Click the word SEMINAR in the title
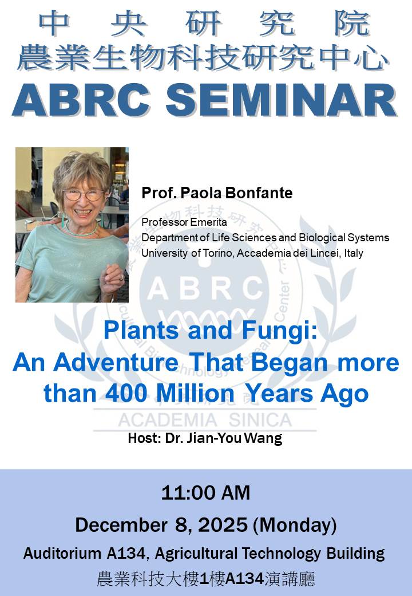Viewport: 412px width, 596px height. pos(282,100)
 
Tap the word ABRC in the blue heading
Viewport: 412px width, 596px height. pos(81,100)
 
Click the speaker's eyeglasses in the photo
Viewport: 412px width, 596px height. pos(83,195)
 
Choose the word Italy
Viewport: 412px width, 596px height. pos(354,253)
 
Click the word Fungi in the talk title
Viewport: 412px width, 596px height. pos(279,331)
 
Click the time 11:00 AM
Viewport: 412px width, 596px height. pos(205,493)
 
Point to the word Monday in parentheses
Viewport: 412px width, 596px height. pos(295,526)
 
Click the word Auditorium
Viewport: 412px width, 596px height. pos(62,554)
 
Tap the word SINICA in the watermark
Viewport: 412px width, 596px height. pos(260,421)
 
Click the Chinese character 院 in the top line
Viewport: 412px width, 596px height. pos(352,23)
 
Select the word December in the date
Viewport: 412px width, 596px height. pos(121,526)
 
